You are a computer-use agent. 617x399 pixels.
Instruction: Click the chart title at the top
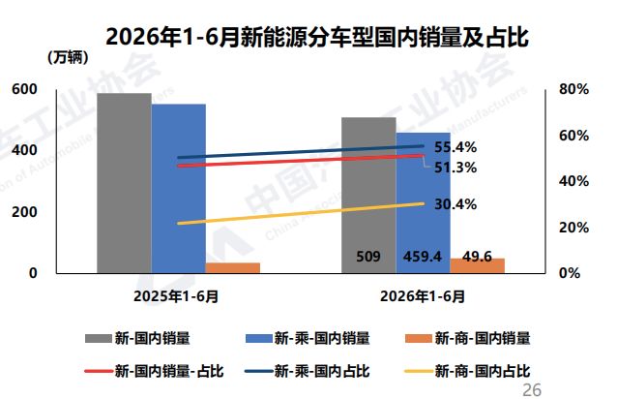click(317, 38)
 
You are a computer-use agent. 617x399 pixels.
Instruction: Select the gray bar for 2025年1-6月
click(125, 183)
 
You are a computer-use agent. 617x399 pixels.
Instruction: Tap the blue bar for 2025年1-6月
click(179, 189)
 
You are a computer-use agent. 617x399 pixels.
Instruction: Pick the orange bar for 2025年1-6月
click(233, 268)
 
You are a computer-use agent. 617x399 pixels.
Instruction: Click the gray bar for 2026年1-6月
click(368, 196)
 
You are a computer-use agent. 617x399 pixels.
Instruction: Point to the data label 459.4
click(423, 257)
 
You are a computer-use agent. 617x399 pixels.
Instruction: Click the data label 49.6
click(478, 257)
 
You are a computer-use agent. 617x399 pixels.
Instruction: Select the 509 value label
click(368, 257)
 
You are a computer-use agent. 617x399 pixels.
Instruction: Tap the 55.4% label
click(455, 147)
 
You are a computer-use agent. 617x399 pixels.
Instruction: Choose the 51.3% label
click(455, 168)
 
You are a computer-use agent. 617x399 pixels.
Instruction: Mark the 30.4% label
click(455, 204)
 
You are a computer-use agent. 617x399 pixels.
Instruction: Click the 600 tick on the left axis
click(24, 89)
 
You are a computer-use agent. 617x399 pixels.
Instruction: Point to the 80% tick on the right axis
click(573, 89)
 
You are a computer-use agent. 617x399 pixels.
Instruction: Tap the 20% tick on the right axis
click(573, 228)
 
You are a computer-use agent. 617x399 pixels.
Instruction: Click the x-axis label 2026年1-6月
click(423, 296)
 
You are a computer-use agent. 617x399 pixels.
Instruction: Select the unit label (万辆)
click(68, 58)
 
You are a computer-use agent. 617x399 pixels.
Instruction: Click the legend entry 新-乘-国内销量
click(308, 338)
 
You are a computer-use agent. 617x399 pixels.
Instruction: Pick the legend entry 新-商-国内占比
click(467, 371)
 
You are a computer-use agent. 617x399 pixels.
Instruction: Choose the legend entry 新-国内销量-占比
click(155, 371)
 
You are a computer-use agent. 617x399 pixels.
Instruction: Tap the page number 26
click(532, 390)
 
